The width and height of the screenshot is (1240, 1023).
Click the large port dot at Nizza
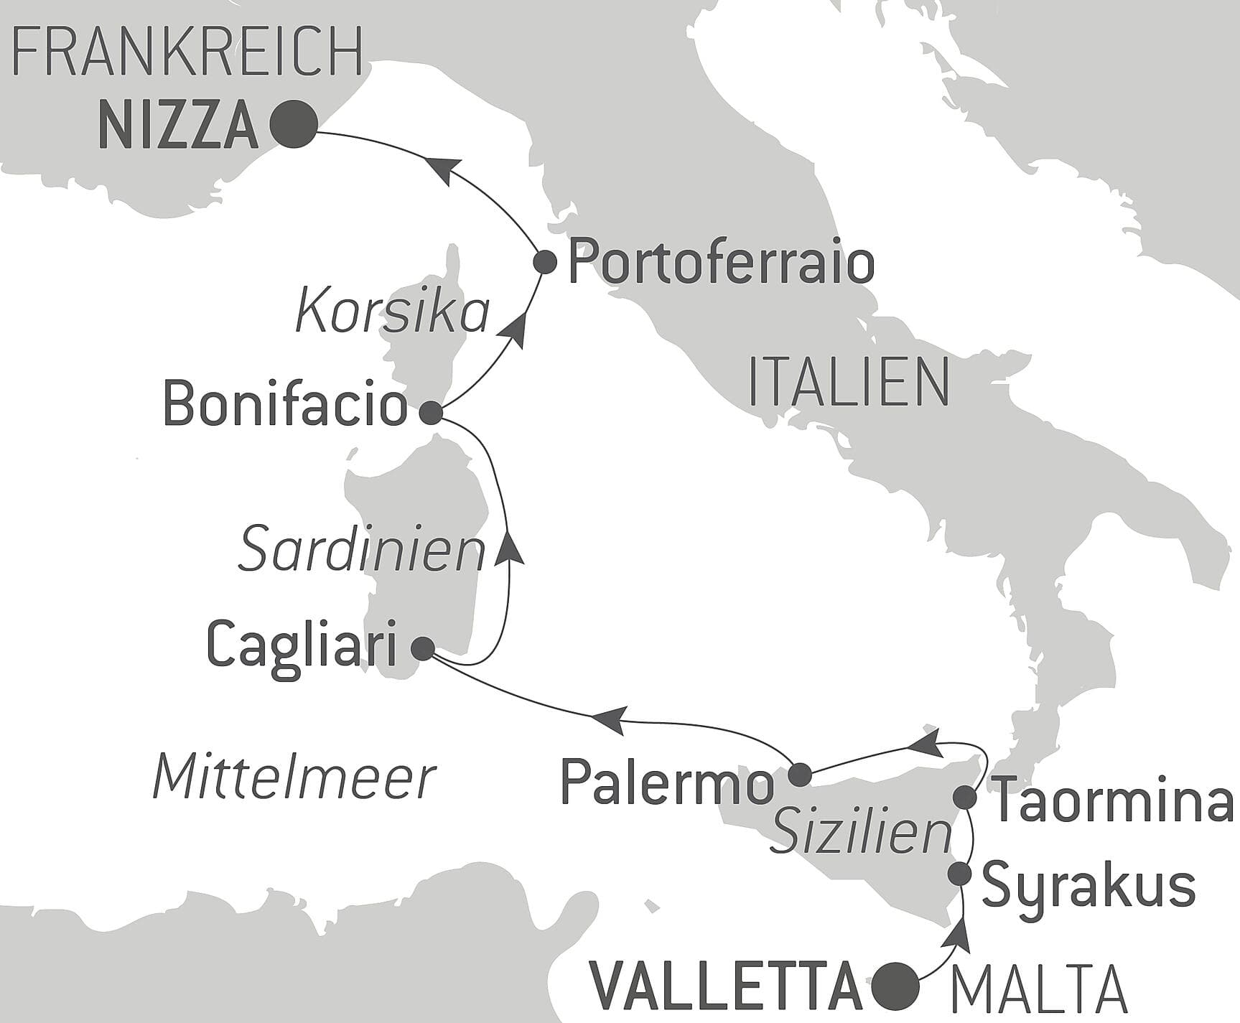[x=294, y=125]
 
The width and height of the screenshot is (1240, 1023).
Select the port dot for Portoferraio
[x=546, y=262]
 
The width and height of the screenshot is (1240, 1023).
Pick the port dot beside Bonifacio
[x=432, y=413]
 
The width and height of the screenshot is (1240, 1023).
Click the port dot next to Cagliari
[x=422, y=649]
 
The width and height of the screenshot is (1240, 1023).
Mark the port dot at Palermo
[x=800, y=775]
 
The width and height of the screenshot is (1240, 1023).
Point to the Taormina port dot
[x=965, y=797]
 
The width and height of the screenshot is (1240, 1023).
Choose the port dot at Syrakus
[x=960, y=874]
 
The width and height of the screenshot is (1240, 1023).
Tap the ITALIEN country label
[x=849, y=383]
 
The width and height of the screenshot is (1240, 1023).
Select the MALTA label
[x=1038, y=989]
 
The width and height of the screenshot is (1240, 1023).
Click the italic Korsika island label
[x=392, y=313]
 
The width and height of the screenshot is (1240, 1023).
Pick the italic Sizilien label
[x=860, y=834]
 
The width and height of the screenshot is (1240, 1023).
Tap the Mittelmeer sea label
[x=294, y=777]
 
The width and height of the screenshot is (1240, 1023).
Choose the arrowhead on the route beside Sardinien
[x=508, y=547]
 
